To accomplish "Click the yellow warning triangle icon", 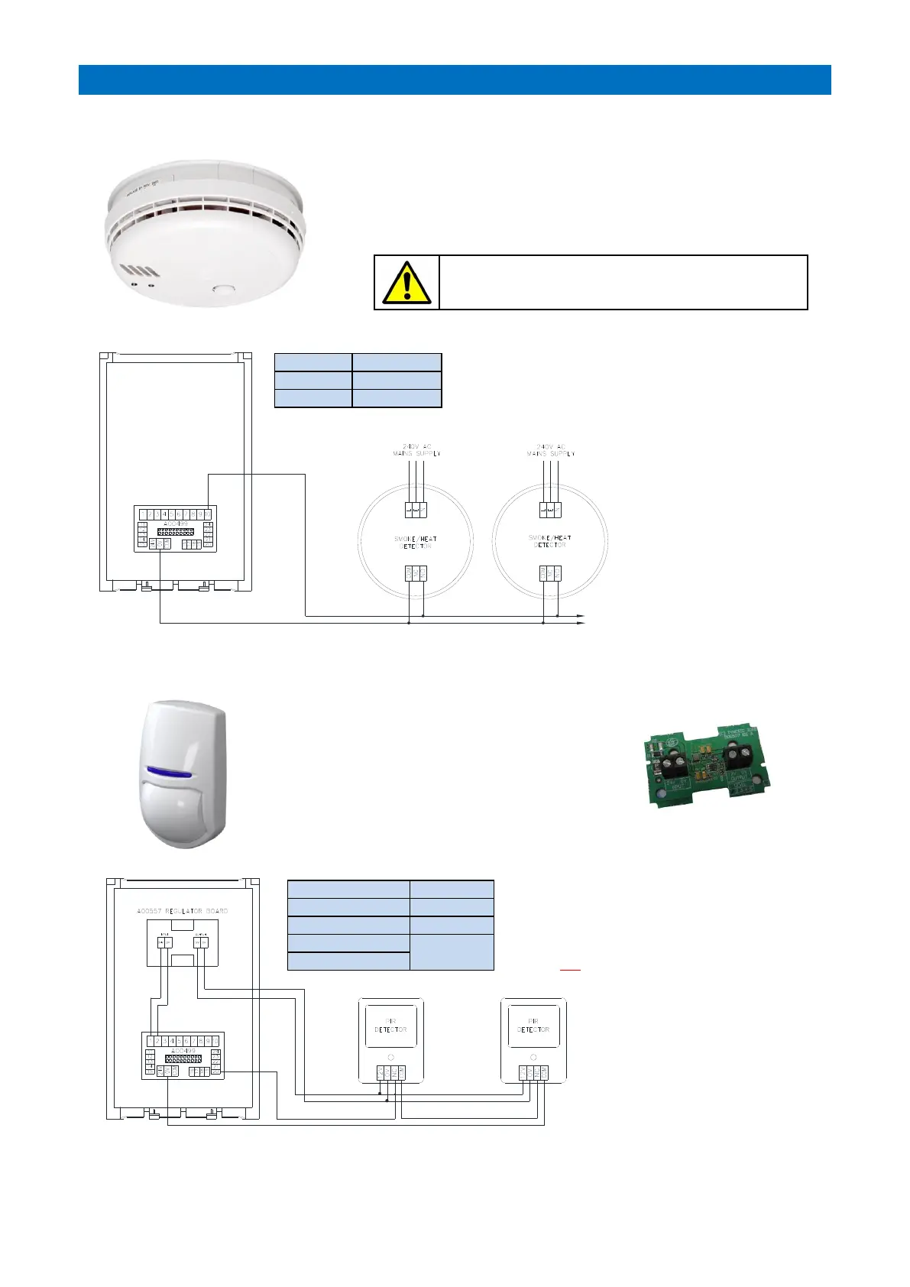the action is (406, 283).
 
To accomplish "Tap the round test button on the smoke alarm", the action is (224, 290).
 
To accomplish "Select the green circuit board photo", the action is (704, 767).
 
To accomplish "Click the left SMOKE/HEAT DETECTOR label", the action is (416, 542).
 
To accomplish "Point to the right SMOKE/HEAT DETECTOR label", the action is (549, 541).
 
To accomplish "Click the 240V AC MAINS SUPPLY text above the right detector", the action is (550, 450).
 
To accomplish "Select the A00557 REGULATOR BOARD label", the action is (183, 911).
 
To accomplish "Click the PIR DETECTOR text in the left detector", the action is (390, 1025).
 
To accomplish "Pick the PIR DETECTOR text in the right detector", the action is (533, 1025).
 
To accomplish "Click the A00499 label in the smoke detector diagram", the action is (175, 524).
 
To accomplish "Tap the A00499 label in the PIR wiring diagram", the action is (183, 1051).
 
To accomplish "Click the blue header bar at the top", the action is (455, 79).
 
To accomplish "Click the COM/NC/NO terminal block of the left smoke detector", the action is (415, 573).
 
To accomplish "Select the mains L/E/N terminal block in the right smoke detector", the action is (549, 509).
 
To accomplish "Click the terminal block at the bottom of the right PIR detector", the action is (533, 1073).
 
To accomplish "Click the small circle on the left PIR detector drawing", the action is (391, 1057).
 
